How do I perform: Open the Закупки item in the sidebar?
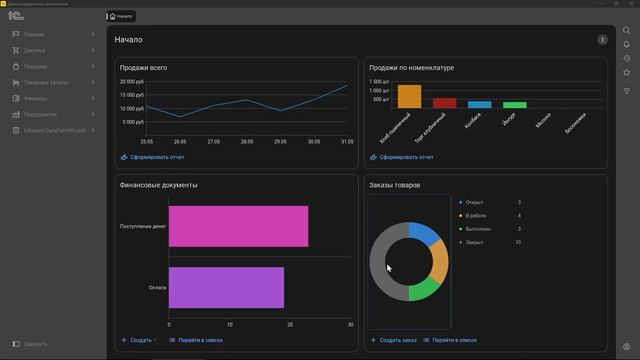(34, 50)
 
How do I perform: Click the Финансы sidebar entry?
(35, 99)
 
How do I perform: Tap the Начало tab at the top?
(121, 17)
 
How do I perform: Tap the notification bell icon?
(626, 43)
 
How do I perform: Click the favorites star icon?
(626, 73)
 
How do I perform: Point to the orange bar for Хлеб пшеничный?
(409, 96)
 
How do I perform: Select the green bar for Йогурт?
(514, 104)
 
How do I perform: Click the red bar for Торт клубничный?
(444, 103)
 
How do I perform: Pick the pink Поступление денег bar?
(238, 226)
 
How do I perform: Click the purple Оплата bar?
(226, 288)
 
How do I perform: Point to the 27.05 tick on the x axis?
(214, 142)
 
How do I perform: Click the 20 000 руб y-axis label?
(134, 81)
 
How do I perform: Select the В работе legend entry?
(476, 216)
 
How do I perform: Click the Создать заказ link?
(394, 340)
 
